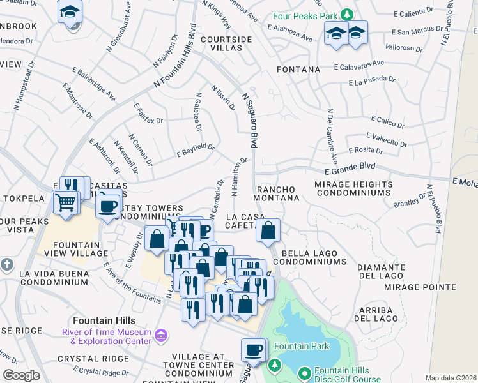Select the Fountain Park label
302,347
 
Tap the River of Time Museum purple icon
160,334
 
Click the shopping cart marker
65,202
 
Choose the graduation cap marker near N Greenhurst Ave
70,12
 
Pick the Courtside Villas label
226,44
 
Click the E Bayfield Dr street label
196,151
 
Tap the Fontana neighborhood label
298,69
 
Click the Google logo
21,375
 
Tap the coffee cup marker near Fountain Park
253,350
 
